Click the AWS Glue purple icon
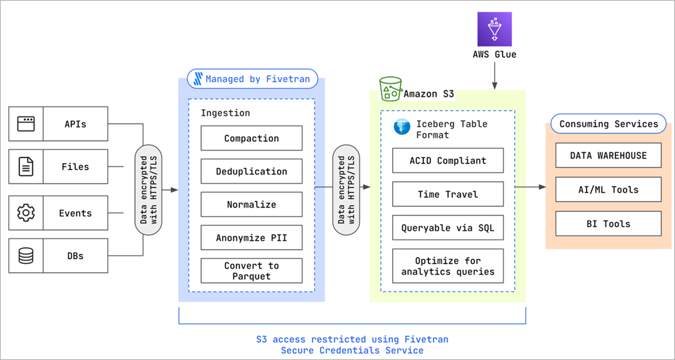[x=494, y=29]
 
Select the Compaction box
[x=251, y=138]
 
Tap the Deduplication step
[x=251, y=171]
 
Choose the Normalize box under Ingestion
[x=251, y=204]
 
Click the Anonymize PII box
[x=251, y=238]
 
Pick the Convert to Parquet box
[x=251, y=270]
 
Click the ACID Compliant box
[x=447, y=161]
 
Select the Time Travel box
[x=447, y=194]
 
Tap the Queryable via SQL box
[x=447, y=228]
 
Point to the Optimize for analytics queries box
[x=447, y=266]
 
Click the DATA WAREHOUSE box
[x=608, y=156]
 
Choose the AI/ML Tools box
[x=608, y=189]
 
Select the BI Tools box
[x=608, y=223]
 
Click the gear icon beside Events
[x=26, y=213]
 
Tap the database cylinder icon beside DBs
[x=26, y=256]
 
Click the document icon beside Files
[x=26, y=167]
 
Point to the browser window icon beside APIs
[x=26, y=124]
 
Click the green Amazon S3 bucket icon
[x=390, y=90]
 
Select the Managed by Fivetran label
[x=253, y=79]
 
